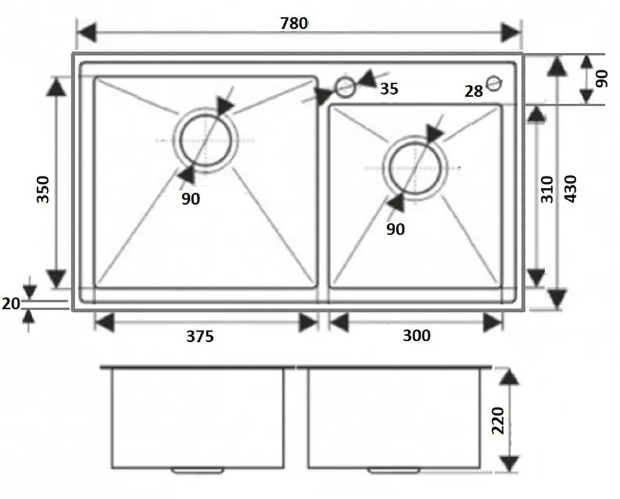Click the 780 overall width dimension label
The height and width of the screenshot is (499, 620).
[x=294, y=23]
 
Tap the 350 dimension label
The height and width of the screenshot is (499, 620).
[x=42, y=190]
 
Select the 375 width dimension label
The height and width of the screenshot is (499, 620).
[x=200, y=336]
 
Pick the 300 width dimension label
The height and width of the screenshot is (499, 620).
[x=416, y=336]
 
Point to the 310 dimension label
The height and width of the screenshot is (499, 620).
[x=547, y=190]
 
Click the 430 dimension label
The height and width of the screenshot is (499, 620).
[x=570, y=189]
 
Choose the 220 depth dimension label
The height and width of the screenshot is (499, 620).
[x=498, y=420]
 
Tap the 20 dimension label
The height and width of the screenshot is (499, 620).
[x=11, y=304]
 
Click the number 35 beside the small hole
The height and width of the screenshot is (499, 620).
[x=389, y=89]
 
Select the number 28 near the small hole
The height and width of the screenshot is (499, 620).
[x=474, y=91]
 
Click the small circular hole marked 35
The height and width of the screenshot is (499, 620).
[x=345, y=87]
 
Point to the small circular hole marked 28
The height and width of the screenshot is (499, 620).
[x=494, y=84]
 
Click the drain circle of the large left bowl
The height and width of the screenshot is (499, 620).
[x=180, y=140]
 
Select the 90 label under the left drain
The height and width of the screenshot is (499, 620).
[x=190, y=199]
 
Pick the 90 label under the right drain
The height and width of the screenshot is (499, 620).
[x=395, y=229]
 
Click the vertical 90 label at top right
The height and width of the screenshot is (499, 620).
[x=602, y=79]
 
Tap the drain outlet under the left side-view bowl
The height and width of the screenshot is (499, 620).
[x=197, y=470]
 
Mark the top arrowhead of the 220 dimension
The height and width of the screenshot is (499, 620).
[x=509, y=376]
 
